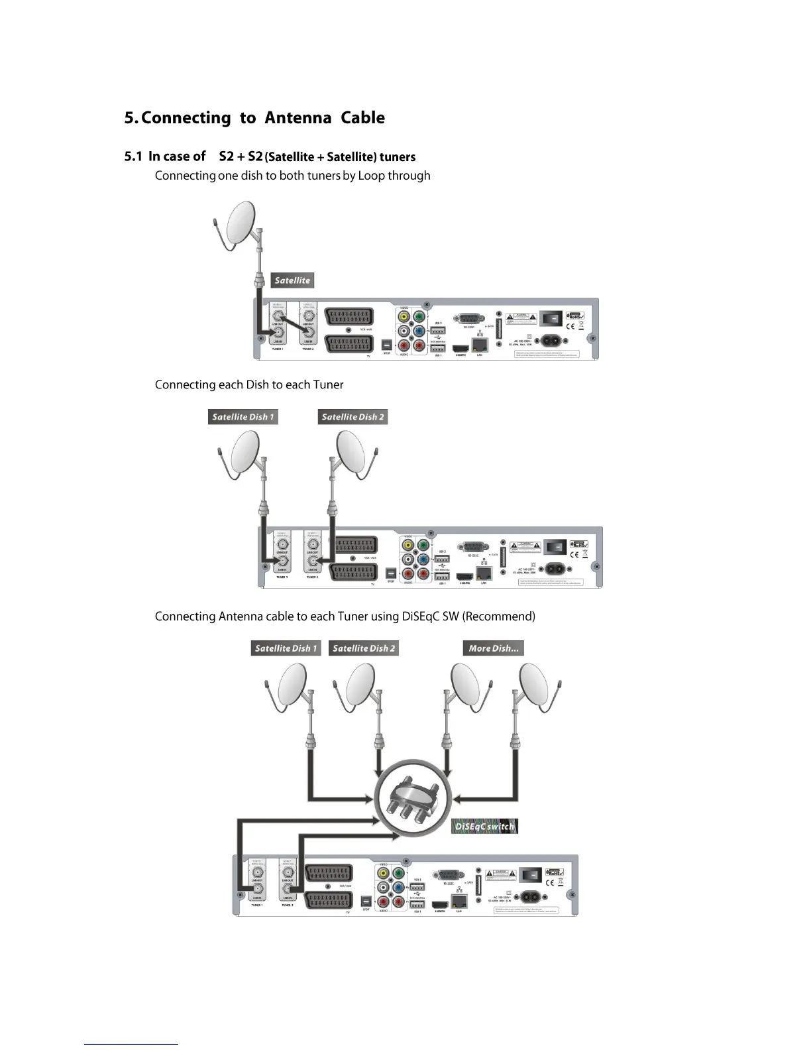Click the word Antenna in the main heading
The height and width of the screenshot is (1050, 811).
tap(297, 118)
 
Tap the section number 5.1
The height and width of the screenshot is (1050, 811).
tap(133, 156)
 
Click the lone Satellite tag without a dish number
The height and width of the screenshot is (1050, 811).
tap(292, 280)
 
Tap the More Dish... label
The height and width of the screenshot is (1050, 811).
tap(494, 648)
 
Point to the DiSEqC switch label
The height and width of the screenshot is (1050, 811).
tap(484, 826)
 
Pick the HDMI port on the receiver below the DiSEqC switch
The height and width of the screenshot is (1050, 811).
tap(439, 904)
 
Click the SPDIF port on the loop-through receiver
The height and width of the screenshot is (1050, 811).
tap(387, 345)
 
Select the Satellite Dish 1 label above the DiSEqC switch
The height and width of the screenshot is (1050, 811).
tap(286, 648)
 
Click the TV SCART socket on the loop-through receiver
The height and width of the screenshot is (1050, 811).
tap(349, 345)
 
